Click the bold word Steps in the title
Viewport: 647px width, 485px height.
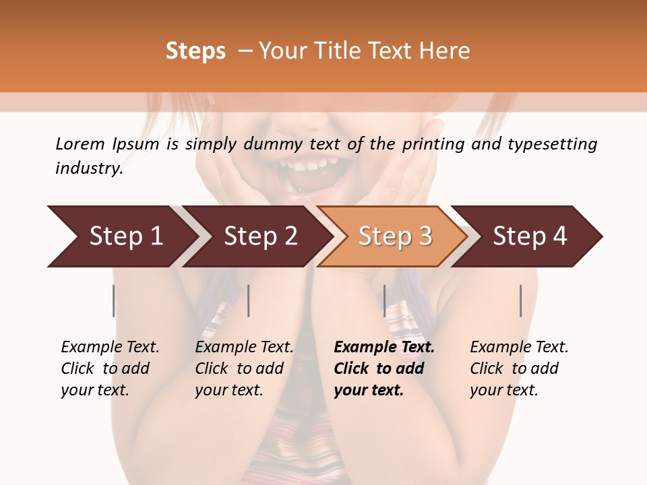(195, 51)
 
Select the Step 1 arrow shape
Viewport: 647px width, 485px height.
(121, 236)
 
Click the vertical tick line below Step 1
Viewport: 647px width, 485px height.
(114, 300)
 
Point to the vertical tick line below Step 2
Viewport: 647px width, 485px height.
(249, 300)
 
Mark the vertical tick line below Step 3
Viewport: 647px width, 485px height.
(385, 300)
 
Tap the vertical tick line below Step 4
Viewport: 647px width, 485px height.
(521, 300)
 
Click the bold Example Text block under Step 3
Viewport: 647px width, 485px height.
(384, 368)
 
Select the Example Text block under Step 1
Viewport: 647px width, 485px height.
(110, 368)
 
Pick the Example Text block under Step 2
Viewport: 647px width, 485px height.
(244, 368)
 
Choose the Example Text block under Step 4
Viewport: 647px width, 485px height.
(519, 368)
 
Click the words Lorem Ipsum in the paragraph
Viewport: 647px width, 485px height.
(107, 143)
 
